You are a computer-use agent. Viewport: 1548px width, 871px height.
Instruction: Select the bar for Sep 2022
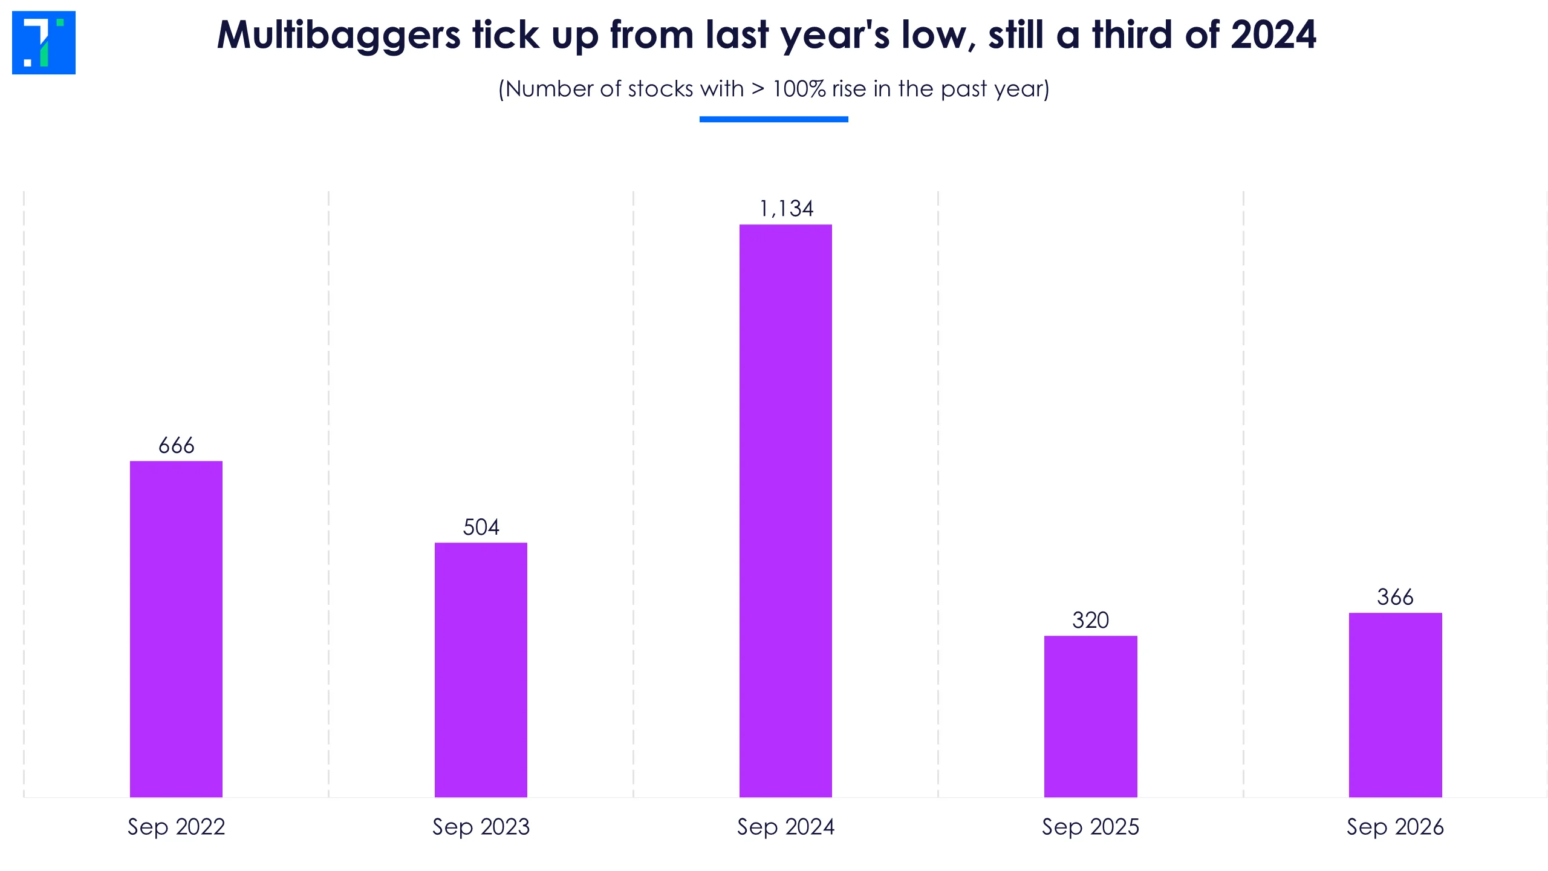pyautogui.click(x=176, y=629)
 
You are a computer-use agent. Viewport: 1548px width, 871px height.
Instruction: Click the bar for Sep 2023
pyautogui.click(x=481, y=670)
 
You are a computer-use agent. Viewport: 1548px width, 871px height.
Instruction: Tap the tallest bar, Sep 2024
pyautogui.click(x=785, y=511)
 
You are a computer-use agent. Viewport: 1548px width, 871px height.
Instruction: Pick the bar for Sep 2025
pyautogui.click(x=1090, y=716)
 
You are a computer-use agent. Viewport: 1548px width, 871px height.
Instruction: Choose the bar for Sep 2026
pyautogui.click(x=1395, y=705)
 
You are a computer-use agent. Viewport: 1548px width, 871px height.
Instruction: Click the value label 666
pyautogui.click(x=176, y=446)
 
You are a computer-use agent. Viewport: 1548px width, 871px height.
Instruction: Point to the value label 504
pyautogui.click(x=481, y=527)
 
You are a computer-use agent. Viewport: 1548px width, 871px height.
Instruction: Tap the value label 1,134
pyautogui.click(x=786, y=209)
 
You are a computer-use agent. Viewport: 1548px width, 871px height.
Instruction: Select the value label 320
pyautogui.click(x=1090, y=621)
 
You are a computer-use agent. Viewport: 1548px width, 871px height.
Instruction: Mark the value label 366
pyautogui.click(x=1395, y=598)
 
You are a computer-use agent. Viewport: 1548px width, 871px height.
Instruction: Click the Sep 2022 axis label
pyautogui.click(x=176, y=827)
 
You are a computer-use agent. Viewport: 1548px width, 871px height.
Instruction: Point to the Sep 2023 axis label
pyautogui.click(x=481, y=827)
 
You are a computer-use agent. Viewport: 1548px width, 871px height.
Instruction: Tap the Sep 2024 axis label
pyautogui.click(x=785, y=827)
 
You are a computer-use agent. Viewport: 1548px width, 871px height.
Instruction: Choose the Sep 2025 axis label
pyautogui.click(x=1090, y=827)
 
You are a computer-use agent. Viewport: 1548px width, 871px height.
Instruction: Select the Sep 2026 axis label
pyautogui.click(x=1395, y=827)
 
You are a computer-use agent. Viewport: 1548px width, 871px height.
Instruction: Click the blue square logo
pyautogui.click(x=44, y=42)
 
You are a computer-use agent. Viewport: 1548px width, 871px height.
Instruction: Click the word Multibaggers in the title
pyautogui.click(x=339, y=35)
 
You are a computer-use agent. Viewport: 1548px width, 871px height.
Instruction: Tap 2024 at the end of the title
pyautogui.click(x=1273, y=34)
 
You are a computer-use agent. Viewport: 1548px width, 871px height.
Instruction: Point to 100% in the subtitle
pyautogui.click(x=799, y=89)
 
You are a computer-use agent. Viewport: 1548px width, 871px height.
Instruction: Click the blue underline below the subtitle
pyautogui.click(x=774, y=119)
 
